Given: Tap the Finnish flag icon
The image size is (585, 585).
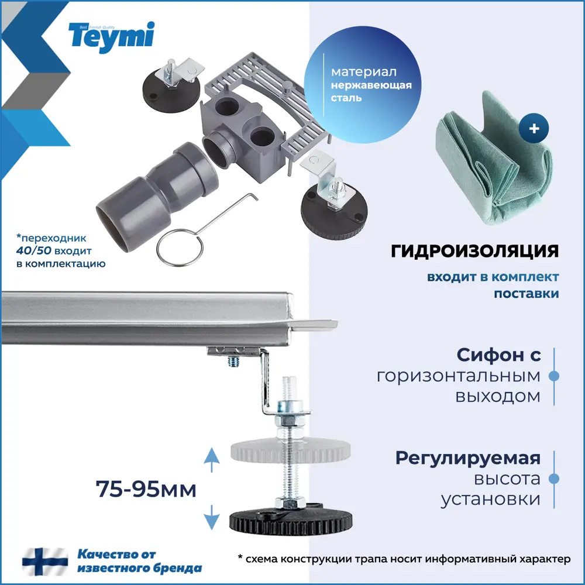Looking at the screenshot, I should click(x=45, y=560).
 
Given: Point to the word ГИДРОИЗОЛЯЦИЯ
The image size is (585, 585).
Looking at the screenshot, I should click(x=474, y=252).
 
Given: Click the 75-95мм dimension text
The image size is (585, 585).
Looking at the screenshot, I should click(x=146, y=488).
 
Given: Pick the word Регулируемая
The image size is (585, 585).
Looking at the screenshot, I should click(x=467, y=458).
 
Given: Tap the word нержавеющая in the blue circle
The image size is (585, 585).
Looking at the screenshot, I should click(x=371, y=85).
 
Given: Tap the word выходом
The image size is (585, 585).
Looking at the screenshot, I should click(x=497, y=397).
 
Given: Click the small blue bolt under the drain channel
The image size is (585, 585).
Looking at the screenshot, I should click(x=232, y=363).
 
